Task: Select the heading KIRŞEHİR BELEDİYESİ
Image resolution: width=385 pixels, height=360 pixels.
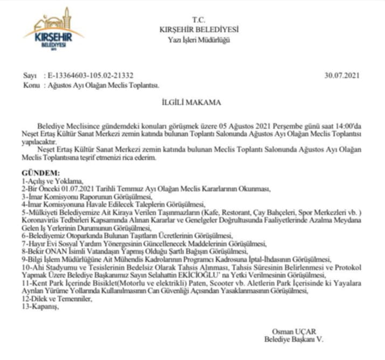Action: coord(199,29)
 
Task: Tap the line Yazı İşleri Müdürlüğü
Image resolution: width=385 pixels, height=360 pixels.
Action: coord(199,40)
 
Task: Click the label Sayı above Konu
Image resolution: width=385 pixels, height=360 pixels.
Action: coord(30,76)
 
